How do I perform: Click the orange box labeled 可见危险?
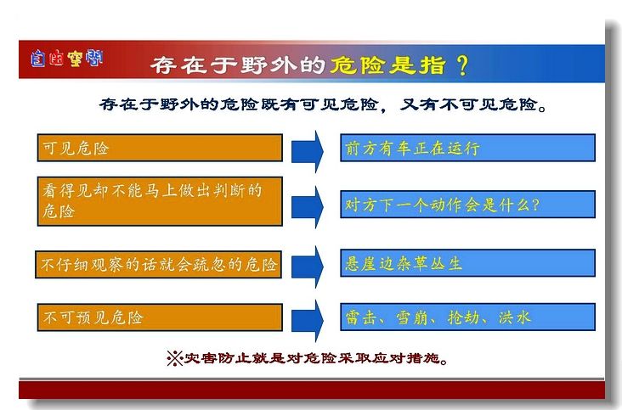pos(160,148)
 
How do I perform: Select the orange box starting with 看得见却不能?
pos(160,201)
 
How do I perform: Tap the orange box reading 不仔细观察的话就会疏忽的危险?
pos(159,264)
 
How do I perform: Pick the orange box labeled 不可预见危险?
pos(160,317)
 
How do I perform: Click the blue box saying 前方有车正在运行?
pos(467,148)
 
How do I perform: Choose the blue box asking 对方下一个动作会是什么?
pos(467,205)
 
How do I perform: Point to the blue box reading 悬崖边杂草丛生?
pos(467,263)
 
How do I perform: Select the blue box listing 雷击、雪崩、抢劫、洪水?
pos(467,317)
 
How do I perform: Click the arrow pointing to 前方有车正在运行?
pos(308,151)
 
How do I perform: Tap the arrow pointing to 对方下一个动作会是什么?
pos(308,207)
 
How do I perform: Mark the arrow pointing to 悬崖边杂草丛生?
pos(308,267)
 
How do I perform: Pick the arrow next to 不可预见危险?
pos(308,321)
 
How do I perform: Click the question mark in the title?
pos(462,65)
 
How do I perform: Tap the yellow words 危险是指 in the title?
pos(387,65)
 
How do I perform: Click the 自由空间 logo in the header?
pos(66,59)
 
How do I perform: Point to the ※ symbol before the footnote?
pos(174,358)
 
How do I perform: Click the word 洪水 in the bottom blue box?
pos(514,317)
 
